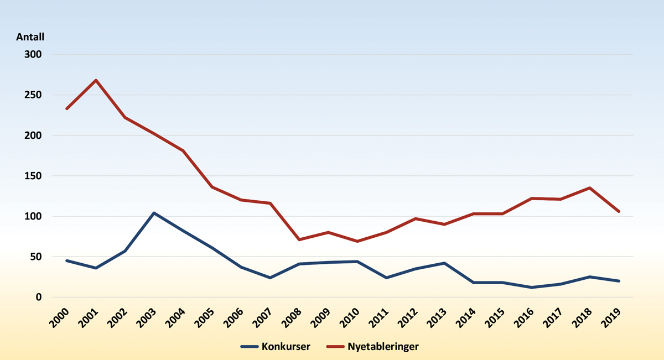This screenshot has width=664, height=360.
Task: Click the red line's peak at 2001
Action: [96, 80]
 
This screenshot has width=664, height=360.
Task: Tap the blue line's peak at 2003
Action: [154, 213]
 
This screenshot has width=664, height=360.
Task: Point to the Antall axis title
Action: [30, 37]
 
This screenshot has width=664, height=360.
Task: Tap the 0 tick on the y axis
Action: [39, 297]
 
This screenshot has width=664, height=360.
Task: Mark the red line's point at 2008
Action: [299, 239]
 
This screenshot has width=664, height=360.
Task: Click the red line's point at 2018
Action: [590, 188]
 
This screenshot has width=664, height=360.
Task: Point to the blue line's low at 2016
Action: [532, 288]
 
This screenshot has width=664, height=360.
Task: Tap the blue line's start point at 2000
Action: [66, 260]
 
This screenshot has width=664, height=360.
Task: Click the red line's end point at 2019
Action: [619, 211]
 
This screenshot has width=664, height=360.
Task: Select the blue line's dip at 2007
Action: [270, 278]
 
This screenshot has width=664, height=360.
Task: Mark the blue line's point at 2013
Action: [444, 263]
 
